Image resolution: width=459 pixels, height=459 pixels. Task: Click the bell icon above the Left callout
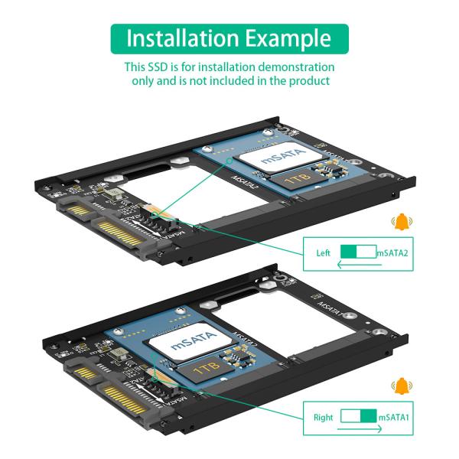(399, 223)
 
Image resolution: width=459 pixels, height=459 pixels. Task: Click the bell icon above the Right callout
(399, 386)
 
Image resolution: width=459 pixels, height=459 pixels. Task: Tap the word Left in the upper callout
(324, 252)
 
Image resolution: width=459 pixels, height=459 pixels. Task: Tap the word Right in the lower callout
(324, 418)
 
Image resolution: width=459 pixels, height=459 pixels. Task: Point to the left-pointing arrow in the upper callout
(358, 265)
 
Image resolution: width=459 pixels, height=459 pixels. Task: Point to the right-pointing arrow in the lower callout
(358, 430)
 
